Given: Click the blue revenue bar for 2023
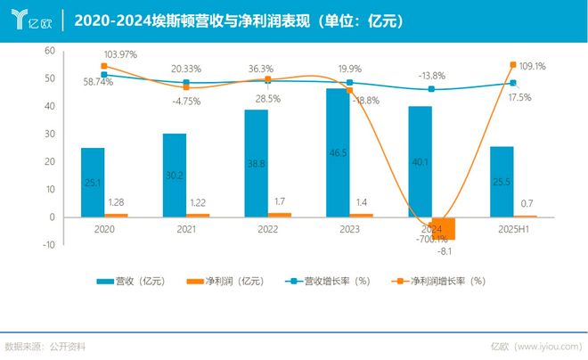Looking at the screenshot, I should [x=338, y=152].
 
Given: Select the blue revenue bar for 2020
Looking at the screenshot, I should [x=92, y=182].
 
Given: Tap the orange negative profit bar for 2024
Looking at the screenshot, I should [x=444, y=229].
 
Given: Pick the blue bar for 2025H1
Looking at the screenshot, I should [x=502, y=182].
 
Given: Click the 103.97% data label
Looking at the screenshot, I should [x=120, y=54].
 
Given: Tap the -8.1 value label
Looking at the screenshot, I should [x=445, y=251].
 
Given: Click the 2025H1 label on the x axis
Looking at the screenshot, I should [x=514, y=229].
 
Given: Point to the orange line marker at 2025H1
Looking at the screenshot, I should [x=513, y=64].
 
